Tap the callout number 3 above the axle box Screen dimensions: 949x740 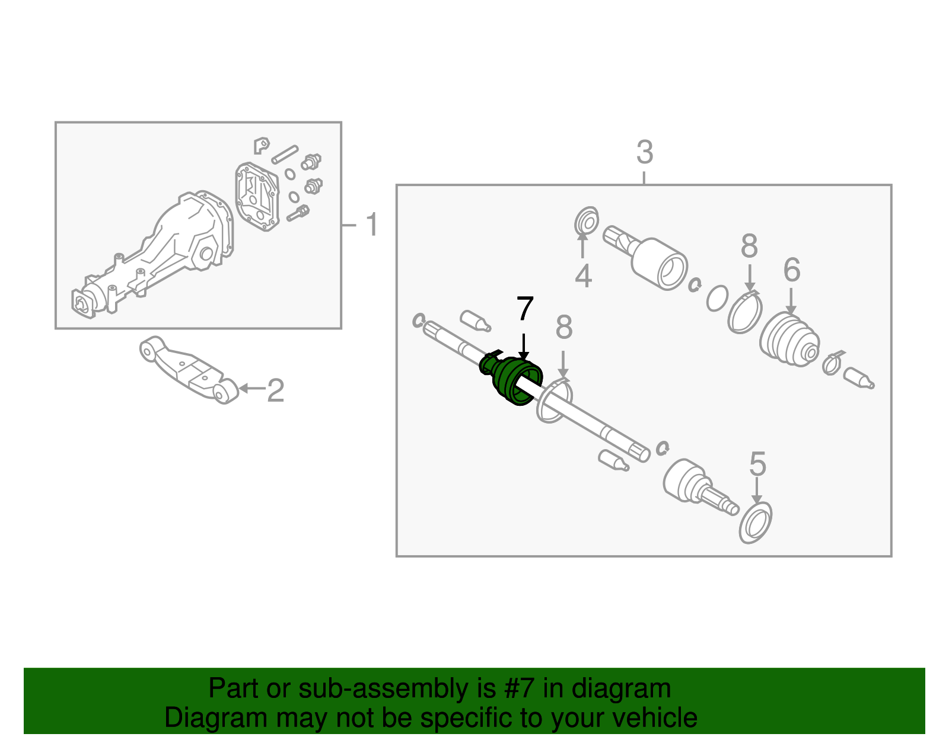(x=645, y=152)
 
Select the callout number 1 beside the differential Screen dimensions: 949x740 (x=372, y=225)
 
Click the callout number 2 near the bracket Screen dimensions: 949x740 (x=276, y=390)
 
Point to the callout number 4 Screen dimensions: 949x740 (x=584, y=276)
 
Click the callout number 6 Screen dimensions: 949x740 (x=792, y=270)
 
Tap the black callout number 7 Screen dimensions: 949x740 (x=525, y=308)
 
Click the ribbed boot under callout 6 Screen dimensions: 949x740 (x=789, y=340)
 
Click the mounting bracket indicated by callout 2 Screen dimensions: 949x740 (x=189, y=370)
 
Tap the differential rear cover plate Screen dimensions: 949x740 (x=257, y=196)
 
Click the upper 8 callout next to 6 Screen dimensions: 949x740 (x=750, y=245)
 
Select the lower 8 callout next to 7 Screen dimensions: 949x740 (x=564, y=327)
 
